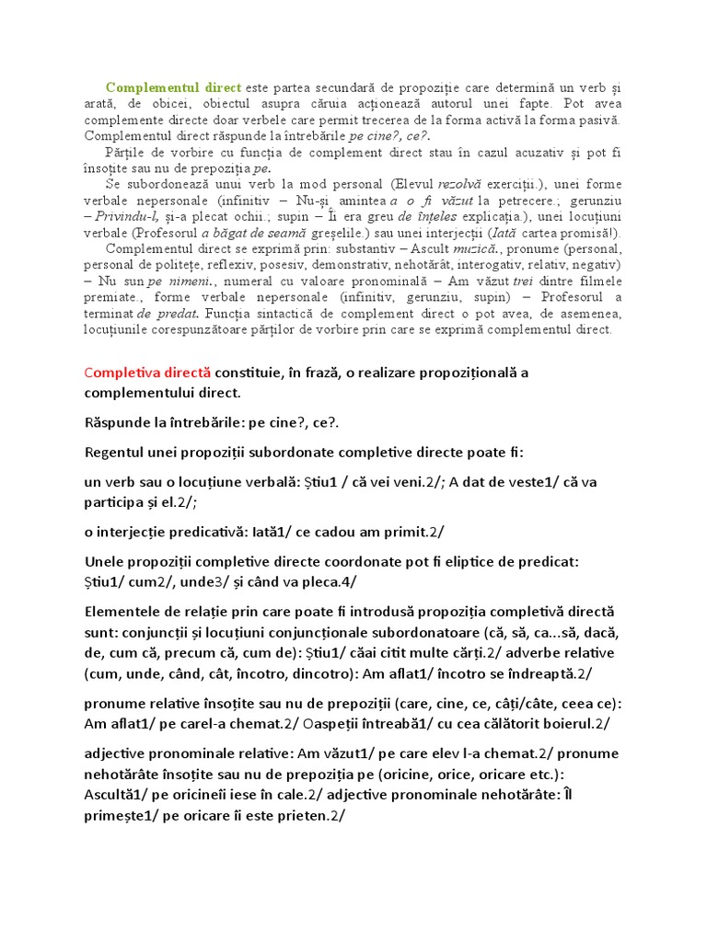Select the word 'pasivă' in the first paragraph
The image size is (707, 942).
coord(597,119)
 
